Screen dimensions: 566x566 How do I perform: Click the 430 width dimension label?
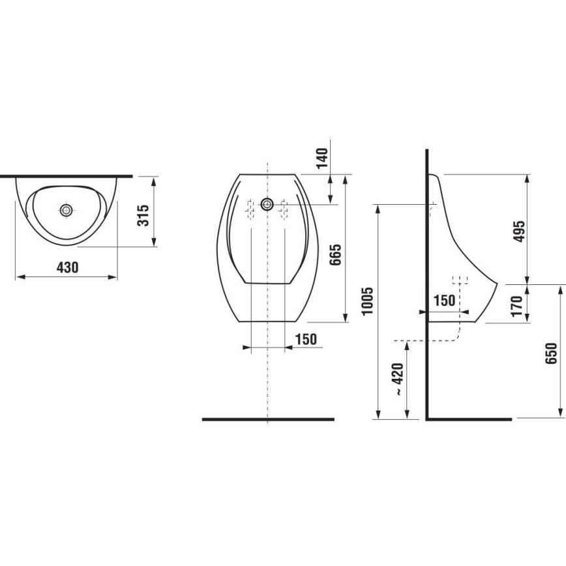pos(67,267)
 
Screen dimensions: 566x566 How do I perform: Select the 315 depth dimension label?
pos(144,215)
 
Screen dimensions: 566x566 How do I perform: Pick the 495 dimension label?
pos(519,231)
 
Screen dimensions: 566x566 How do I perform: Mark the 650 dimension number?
pos(552,353)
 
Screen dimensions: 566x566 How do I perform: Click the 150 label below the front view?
pos(305,339)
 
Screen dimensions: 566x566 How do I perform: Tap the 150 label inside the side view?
pos(444,301)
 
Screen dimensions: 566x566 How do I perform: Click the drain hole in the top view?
pos(66,210)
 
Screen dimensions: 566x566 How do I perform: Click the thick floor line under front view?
pos(267,419)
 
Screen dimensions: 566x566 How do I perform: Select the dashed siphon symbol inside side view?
pos(461,282)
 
